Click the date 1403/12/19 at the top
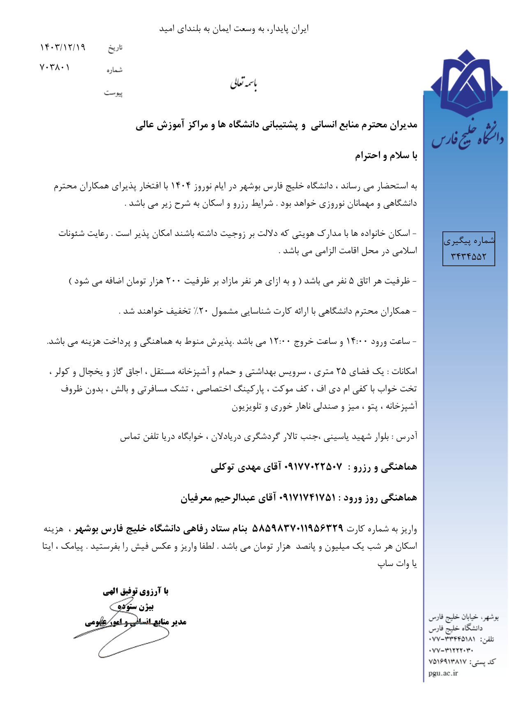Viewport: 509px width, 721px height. [x=62, y=47]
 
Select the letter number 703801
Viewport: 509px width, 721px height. [x=55, y=67]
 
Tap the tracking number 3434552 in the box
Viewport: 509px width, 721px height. [x=468, y=257]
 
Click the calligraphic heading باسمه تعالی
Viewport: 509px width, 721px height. [x=243, y=84]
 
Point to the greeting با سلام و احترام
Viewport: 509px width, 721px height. [x=386, y=155]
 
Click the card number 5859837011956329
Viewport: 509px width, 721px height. [x=297, y=528]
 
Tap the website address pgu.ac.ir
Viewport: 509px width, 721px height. [x=443, y=673]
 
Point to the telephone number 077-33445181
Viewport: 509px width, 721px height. [x=452, y=639]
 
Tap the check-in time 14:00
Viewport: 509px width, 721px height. [x=357, y=341]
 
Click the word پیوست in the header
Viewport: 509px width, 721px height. [x=113, y=93]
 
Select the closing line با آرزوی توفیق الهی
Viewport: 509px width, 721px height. [x=136, y=591]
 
